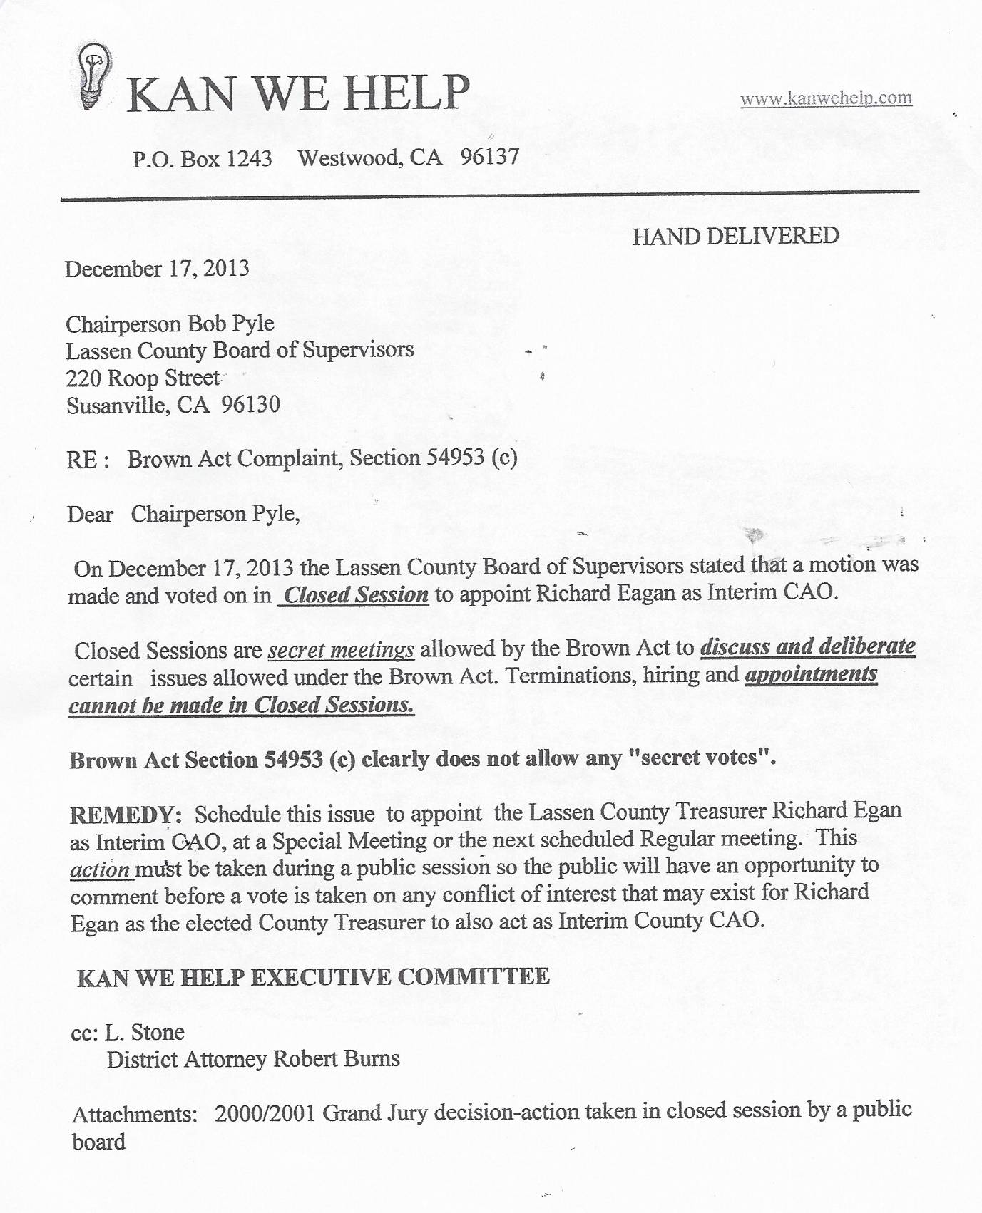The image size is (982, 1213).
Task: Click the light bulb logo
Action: click(x=96, y=76)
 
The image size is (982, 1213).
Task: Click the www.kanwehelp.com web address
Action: click(x=826, y=98)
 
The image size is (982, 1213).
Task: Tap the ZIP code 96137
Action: click(x=490, y=156)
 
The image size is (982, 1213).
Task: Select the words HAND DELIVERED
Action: click(x=735, y=236)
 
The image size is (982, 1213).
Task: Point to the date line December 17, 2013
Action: click(x=157, y=269)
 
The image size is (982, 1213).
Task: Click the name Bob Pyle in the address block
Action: click(x=231, y=324)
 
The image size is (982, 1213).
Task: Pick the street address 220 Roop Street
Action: click(x=143, y=378)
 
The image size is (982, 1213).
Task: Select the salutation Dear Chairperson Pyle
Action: click(x=183, y=514)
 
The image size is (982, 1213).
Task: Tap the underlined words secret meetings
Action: click(x=341, y=650)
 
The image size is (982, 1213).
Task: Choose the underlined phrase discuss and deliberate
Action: click(x=808, y=646)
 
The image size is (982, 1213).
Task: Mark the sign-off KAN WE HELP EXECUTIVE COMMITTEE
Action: click(x=313, y=977)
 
